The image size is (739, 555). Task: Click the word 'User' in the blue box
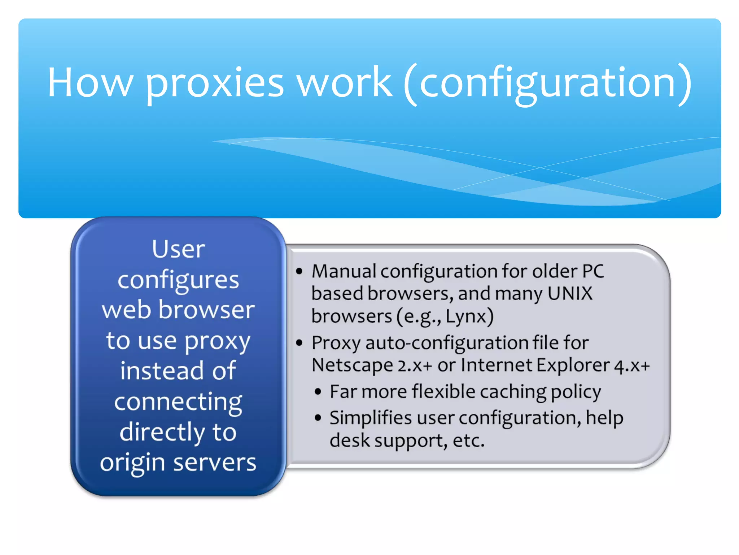[x=178, y=249]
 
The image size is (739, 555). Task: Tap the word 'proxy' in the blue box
[x=218, y=342]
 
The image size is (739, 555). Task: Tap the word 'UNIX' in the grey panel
[x=570, y=293]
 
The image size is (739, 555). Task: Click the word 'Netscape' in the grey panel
[x=352, y=365]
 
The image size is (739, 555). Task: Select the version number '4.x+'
[x=632, y=366]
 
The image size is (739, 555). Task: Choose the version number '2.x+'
[x=415, y=366]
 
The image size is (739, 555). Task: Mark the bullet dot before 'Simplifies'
[x=318, y=418]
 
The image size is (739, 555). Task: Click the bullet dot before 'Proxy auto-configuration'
[x=299, y=343]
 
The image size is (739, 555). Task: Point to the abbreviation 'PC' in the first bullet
[x=593, y=271]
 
